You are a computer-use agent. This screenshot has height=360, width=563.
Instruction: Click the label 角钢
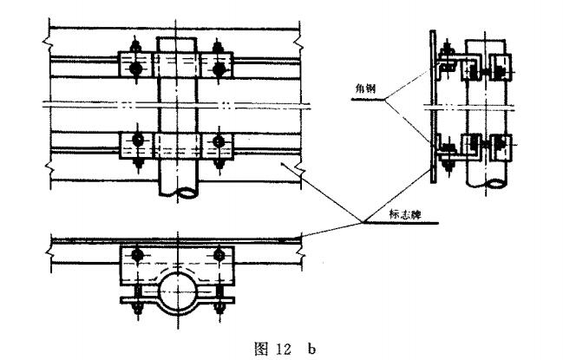[366, 88]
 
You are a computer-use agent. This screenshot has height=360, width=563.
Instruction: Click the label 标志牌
[405, 214]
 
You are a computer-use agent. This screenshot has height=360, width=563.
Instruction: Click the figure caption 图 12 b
[285, 348]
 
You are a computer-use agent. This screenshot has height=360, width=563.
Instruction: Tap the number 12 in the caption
[284, 349]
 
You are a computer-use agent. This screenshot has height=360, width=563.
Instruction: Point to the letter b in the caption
[311, 349]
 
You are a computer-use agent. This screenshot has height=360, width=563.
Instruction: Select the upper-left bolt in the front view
[135, 68]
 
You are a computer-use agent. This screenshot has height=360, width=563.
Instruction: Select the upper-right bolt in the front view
[219, 69]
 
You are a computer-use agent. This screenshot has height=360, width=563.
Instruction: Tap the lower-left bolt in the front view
[138, 141]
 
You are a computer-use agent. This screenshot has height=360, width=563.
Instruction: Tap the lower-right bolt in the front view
[219, 141]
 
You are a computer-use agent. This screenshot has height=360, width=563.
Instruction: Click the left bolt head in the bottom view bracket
[137, 255]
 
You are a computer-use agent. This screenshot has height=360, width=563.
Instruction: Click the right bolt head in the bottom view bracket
[219, 255]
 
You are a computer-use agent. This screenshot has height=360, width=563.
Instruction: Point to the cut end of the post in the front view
[179, 191]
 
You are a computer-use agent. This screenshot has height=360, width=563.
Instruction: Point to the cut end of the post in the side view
[487, 183]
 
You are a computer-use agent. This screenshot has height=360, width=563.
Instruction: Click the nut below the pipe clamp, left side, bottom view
[138, 308]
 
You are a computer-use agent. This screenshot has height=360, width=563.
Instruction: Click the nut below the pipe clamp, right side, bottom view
[219, 308]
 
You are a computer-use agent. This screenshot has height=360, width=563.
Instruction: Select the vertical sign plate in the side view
[433, 107]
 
